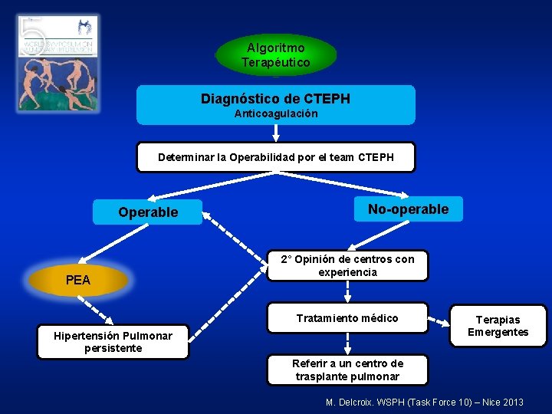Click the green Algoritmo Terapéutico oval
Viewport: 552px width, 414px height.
pyautogui.click(x=276, y=55)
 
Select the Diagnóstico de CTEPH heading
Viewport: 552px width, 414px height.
pyautogui.click(x=275, y=99)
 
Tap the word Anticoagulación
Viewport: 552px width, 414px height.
pyautogui.click(x=275, y=113)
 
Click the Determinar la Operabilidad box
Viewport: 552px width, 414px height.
pyautogui.click(x=275, y=157)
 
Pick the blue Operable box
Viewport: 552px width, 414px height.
pyautogui.click(x=148, y=212)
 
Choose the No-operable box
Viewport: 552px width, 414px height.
pyautogui.click(x=408, y=209)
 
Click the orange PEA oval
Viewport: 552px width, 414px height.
pyautogui.click(x=78, y=281)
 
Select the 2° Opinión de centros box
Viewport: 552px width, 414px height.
pyautogui.click(x=347, y=265)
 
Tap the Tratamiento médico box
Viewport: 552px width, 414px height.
pyautogui.click(x=347, y=318)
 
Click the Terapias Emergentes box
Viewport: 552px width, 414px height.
pyautogui.click(x=498, y=326)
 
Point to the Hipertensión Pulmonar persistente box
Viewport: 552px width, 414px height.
pyautogui.click(x=113, y=342)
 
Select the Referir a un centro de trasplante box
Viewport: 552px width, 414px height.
pyautogui.click(x=347, y=370)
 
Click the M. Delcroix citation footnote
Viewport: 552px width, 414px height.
pyautogui.click(x=425, y=402)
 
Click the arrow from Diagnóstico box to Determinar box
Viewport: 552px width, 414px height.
pyautogui.click(x=276, y=133)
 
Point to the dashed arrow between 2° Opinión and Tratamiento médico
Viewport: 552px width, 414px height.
pyautogui.click(x=347, y=291)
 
